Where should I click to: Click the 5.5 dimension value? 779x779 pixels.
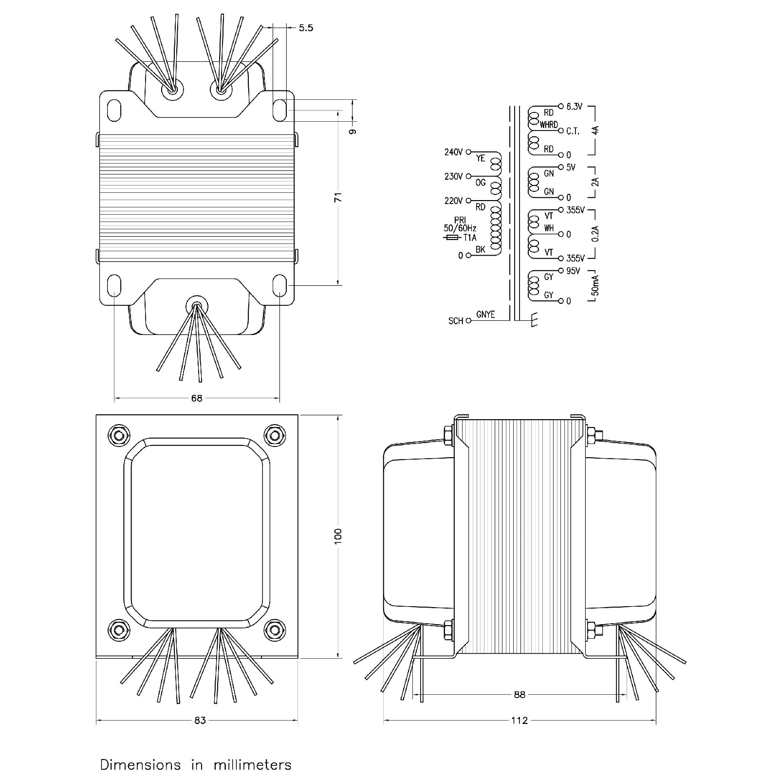click(306, 28)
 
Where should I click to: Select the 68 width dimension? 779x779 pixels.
click(196, 398)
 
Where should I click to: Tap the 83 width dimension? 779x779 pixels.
click(200, 721)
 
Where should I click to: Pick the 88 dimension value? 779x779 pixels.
click(519, 695)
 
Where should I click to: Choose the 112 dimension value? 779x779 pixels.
click(519, 721)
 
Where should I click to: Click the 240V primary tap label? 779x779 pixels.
click(453, 152)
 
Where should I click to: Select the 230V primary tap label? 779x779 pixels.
click(453, 177)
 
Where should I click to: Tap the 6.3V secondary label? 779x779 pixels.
click(575, 107)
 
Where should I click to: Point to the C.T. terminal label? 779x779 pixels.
click(573, 131)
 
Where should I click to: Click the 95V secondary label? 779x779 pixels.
click(573, 271)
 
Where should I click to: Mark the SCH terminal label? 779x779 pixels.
click(456, 321)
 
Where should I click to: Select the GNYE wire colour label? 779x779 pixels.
click(485, 315)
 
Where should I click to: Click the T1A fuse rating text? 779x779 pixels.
click(470, 238)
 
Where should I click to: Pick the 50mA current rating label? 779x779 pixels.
click(595, 285)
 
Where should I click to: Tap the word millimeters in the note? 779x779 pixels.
click(252, 765)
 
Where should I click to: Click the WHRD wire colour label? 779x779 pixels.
click(549, 125)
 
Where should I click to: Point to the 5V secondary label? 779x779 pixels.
click(571, 167)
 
